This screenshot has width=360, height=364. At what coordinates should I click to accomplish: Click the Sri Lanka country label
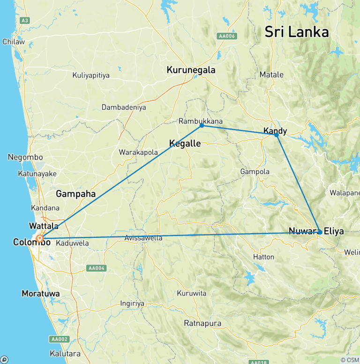pyautogui.click(x=296, y=32)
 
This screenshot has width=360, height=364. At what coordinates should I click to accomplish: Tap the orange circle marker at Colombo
pyautogui.click(x=40, y=238)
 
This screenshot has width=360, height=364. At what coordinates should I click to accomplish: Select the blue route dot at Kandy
pyautogui.click(x=277, y=135)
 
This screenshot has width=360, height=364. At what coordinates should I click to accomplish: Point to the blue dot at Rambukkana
pyautogui.click(x=202, y=125)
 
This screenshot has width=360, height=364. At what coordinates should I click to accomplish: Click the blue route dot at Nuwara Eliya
pyautogui.click(x=320, y=232)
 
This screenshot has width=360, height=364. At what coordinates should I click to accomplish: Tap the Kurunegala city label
pyautogui.click(x=191, y=70)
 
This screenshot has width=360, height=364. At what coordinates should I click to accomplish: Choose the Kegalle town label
pyautogui.click(x=185, y=144)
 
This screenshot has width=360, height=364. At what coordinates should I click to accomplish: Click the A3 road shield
pyautogui.click(x=24, y=20)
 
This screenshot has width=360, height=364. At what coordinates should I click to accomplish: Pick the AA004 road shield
pyautogui.click(x=97, y=268)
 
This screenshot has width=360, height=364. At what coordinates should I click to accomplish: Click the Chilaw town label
pyautogui.click(x=13, y=42)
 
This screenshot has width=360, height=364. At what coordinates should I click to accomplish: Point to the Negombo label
pyautogui.click(x=25, y=157)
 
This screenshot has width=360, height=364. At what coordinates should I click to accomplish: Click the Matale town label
pyautogui.click(x=271, y=75)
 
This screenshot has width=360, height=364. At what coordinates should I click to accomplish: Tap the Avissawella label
pyautogui.click(x=143, y=238)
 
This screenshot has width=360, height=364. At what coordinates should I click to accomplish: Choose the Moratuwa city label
pyautogui.click(x=41, y=294)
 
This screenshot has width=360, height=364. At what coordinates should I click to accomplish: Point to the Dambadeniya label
pyautogui.click(x=124, y=107)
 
